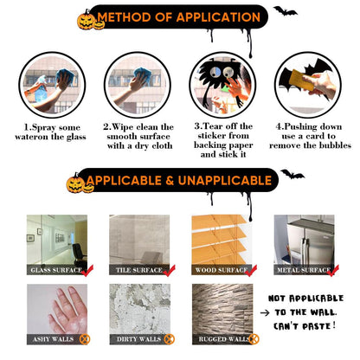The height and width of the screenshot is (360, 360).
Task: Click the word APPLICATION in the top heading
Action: point(218,17)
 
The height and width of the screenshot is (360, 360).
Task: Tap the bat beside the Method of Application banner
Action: point(285,11)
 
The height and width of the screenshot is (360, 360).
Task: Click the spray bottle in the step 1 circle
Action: point(41,88)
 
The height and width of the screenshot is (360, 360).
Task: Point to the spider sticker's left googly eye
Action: point(215,73)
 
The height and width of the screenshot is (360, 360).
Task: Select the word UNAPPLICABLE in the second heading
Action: point(225,181)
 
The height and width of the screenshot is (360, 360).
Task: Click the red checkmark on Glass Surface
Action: point(87,271)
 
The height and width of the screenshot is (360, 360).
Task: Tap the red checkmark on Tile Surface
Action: point(170,271)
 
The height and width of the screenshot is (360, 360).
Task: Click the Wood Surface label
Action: point(222,270)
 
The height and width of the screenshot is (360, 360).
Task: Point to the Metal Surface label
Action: point(304,270)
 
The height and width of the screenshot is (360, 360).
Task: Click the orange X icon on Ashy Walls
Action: point(85,339)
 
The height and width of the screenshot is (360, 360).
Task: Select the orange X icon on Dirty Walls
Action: point(170,339)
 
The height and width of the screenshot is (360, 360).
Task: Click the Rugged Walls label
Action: point(223,339)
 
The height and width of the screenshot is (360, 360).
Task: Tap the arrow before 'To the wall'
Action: point(265,312)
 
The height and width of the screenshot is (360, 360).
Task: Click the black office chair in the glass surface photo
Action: point(79,254)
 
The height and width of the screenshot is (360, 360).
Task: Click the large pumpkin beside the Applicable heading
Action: point(75,183)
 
